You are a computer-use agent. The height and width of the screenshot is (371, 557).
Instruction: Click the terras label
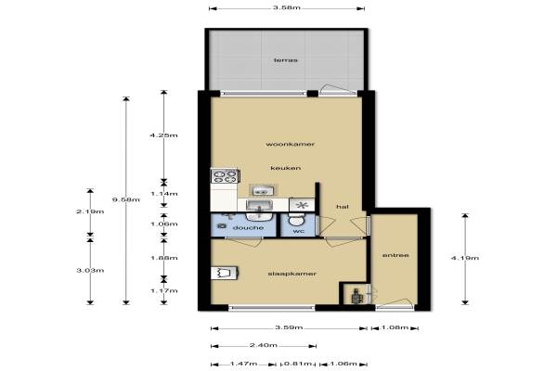click(x=286, y=60)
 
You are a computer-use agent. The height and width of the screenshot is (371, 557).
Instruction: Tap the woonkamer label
click(x=291, y=144)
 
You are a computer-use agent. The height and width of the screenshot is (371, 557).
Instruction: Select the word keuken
click(x=286, y=168)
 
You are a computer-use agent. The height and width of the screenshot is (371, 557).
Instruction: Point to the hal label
click(x=343, y=207)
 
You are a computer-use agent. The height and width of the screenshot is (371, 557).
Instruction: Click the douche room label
click(x=248, y=227)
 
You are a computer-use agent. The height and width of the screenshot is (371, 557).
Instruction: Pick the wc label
click(x=299, y=232)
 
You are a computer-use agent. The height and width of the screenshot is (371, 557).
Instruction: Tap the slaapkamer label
click(x=292, y=274)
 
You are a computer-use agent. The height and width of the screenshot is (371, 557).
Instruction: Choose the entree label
click(x=395, y=255)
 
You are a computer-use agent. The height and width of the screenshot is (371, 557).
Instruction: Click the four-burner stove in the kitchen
click(x=224, y=176)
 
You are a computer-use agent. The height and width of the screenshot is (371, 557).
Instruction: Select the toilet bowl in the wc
click(x=295, y=219)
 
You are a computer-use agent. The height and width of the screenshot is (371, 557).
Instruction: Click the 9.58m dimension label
click(x=126, y=199)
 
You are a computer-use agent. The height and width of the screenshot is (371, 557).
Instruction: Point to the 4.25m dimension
click(x=163, y=135)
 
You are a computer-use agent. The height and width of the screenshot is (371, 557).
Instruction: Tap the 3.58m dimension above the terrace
click(x=287, y=7)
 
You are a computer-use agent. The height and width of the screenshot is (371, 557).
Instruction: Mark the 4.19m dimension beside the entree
click(x=465, y=258)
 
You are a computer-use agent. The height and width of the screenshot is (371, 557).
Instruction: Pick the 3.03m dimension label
click(x=90, y=271)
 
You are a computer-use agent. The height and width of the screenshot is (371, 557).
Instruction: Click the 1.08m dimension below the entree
click(x=395, y=327)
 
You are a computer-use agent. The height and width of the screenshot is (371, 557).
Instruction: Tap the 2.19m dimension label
click(x=90, y=211)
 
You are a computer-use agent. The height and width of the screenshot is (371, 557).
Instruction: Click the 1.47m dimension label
click(x=243, y=364)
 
